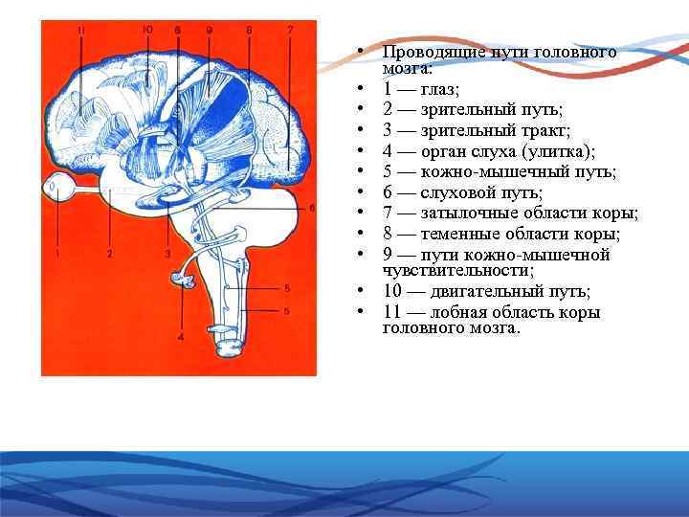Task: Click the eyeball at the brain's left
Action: click(58, 189)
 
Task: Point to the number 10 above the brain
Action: click(146, 30)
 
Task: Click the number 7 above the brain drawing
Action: click(290, 31)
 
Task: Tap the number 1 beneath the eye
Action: click(57, 254)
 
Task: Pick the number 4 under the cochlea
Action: click(181, 337)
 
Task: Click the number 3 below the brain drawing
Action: click(167, 254)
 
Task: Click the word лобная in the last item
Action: click(465, 312)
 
